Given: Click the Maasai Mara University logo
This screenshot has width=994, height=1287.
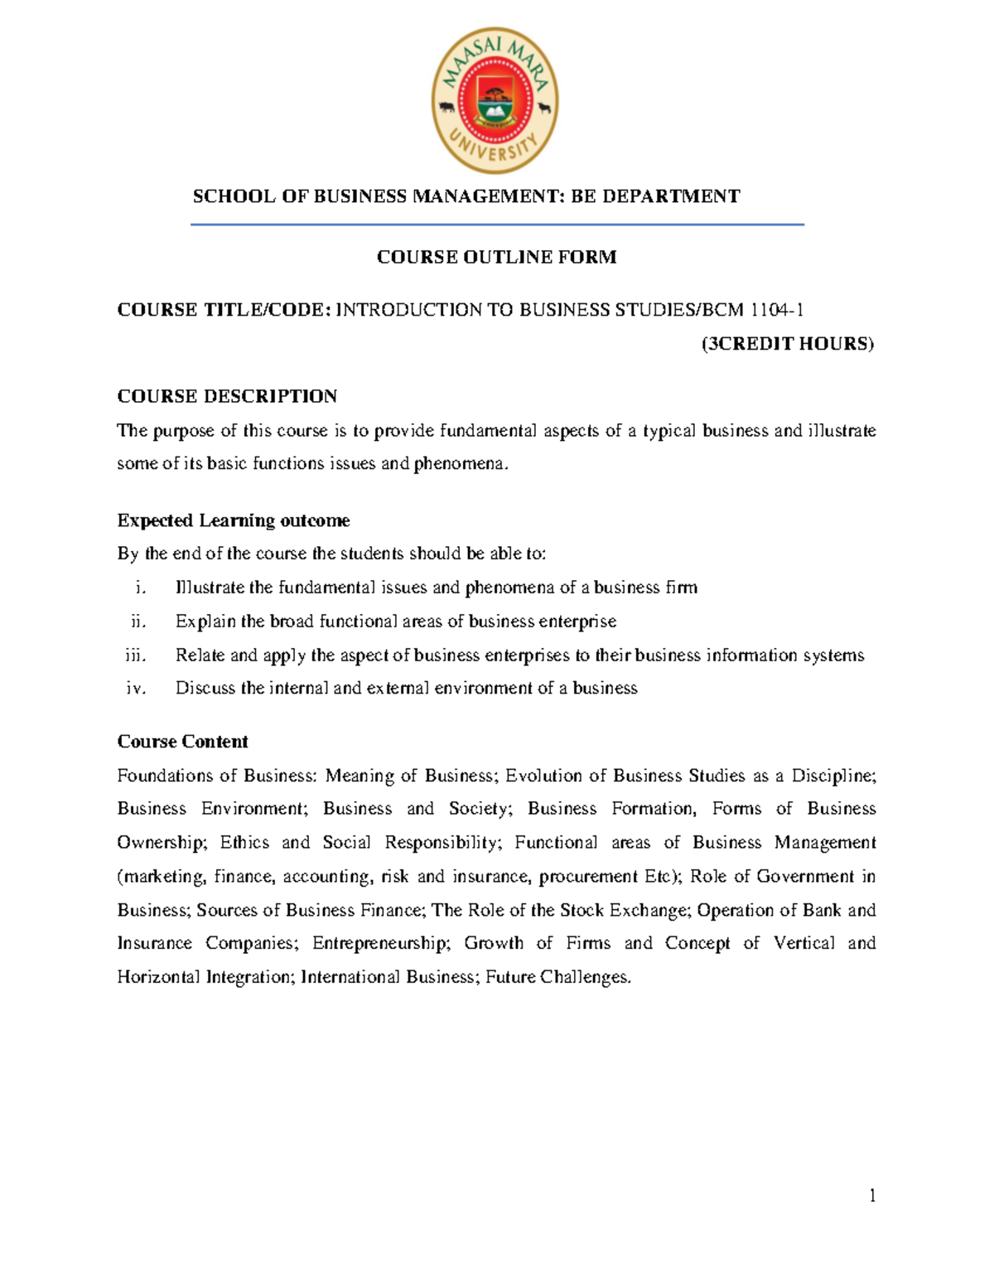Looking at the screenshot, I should click(x=495, y=101).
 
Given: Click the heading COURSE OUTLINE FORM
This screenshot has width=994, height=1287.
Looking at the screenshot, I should click(x=496, y=257).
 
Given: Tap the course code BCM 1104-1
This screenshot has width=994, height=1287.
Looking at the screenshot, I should click(x=753, y=310).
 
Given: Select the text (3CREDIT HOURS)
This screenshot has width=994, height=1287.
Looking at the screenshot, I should click(x=787, y=344).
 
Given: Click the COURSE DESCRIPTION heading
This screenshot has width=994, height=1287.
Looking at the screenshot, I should click(x=227, y=396).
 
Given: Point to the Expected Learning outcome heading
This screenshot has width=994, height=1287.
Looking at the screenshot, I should click(x=233, y=520).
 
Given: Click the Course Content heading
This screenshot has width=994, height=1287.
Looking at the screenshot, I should click(x=182, y=742).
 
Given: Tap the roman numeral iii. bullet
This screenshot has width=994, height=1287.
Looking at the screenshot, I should click(x=135, y=656).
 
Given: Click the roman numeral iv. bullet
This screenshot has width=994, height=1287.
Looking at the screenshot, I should click(x=136, y=689).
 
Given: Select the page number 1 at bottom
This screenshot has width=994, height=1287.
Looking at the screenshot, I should click(x=871, y=1195).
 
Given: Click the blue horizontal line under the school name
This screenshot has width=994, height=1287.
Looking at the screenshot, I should click(x=497, y=225).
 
